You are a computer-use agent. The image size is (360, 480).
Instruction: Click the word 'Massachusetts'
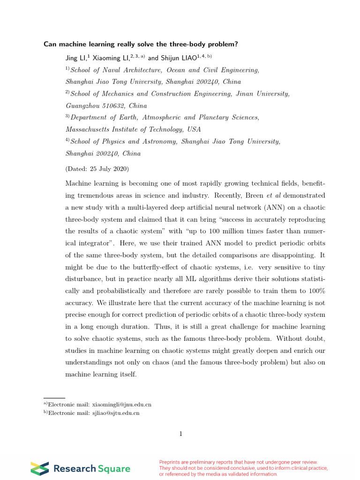[x=88, y=129]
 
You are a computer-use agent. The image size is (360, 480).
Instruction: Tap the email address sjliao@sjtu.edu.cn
[x=116, y=413]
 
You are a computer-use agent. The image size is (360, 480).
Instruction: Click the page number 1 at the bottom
[x=180, y=434]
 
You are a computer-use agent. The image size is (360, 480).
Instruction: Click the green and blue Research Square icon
[x=39, y=468]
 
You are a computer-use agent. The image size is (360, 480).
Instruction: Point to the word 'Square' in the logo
[x=114, y=468]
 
